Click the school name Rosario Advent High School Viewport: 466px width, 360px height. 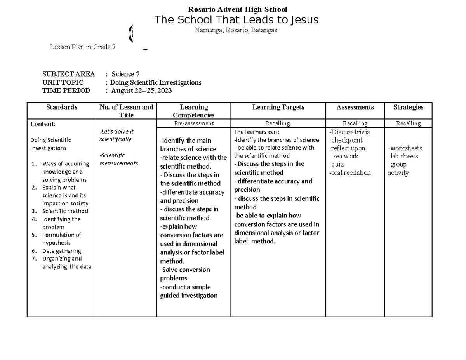237,9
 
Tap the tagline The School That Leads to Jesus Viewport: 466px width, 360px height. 236,20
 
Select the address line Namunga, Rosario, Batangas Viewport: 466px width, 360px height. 236,30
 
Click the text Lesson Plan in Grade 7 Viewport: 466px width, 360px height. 82,47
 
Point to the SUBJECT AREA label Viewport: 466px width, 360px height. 68,74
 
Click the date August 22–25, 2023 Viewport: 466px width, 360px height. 141,91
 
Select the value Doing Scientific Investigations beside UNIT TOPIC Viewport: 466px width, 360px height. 156,82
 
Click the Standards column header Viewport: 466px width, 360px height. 61,107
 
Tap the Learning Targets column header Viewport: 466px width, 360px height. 278,107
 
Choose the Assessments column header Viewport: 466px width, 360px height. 355,107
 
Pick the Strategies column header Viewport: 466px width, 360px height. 408,107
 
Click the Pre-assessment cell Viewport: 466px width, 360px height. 193,123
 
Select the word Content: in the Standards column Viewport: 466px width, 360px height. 43,124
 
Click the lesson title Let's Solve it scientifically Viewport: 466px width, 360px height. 116,135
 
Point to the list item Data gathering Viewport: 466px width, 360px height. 61,251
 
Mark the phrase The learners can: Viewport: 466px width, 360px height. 257,132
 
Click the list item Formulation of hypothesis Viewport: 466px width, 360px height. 61,239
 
